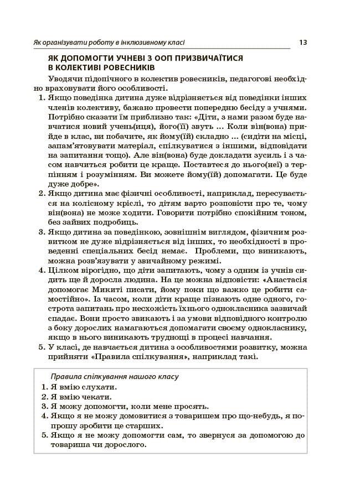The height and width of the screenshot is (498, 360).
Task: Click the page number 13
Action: click(x=303, y=41)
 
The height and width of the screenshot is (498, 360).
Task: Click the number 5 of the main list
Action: click(x=41, y=347)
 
